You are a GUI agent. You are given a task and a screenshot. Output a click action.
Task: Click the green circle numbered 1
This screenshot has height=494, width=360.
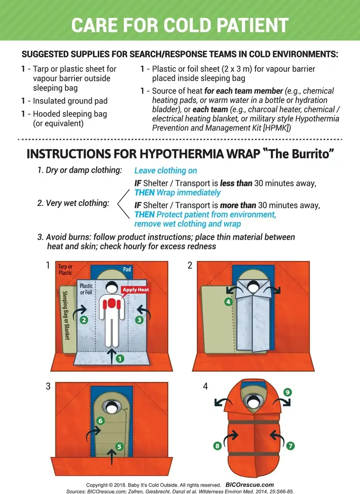tap(120, 359)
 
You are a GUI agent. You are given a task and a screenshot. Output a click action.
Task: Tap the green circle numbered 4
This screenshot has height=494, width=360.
tap(228, 302)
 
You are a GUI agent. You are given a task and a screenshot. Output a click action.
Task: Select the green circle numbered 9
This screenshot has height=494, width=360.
tap(287, 392)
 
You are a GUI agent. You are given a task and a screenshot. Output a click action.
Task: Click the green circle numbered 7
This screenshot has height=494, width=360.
tap(290, 446)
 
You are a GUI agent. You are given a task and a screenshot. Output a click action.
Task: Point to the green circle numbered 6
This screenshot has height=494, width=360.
tap(100, 421)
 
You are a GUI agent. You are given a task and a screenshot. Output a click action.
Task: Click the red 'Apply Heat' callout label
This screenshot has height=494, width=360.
tap(135, 289)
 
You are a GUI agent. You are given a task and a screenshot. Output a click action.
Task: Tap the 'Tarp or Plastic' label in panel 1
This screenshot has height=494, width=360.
tap(65, 269)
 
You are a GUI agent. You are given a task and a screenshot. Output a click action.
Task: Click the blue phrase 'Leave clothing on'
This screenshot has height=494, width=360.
tap(166, 171)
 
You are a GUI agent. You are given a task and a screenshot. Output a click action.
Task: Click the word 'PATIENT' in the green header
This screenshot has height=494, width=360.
tap(247, 25)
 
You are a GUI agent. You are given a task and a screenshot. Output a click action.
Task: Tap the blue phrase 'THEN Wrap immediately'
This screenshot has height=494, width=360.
tap(177, 192)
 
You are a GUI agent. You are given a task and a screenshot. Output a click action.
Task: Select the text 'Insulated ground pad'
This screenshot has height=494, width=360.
tap(70, 101)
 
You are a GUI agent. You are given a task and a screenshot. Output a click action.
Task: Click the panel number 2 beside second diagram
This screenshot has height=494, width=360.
tap(190, 266)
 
